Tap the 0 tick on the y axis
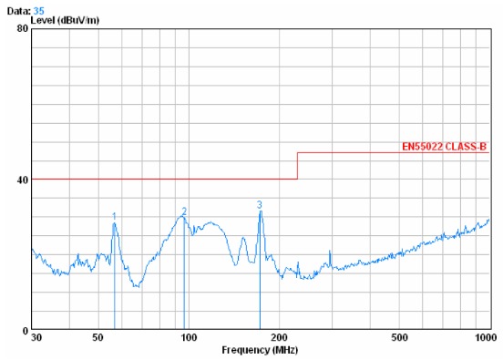[x=26, y=330]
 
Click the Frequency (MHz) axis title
[x=259, y=350]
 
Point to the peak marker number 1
[x=114, y=216]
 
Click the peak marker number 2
[x=184, y=211]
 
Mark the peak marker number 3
[x=260, y=205]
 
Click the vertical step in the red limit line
[x=298, y=165]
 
